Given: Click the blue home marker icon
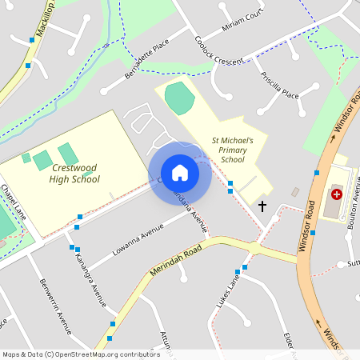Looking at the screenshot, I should coord(180,173).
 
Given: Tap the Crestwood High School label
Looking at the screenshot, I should coord(75,174).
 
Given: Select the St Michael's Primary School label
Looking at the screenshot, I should coord(232,150).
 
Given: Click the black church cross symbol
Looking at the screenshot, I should coord(262,206).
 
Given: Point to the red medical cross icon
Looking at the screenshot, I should coord(337,194).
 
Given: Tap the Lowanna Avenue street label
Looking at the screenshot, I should coord(138,240).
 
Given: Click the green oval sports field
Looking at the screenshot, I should coord(179,98).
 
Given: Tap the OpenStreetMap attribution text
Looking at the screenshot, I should coord(80,354).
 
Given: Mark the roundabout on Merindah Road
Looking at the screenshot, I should coord(254,249).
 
